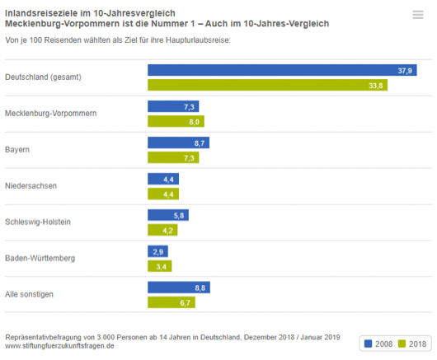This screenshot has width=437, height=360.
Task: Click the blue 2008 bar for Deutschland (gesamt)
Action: [281, 71]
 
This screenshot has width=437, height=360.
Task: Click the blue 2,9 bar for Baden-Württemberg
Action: [157, 250]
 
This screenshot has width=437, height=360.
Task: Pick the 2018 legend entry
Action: [413, 344]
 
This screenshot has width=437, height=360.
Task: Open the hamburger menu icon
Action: [417, 14]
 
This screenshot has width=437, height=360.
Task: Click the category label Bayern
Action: [17, 150]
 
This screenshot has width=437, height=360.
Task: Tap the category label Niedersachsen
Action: [31, 186]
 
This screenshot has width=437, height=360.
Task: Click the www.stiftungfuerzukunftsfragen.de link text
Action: [59, 346]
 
